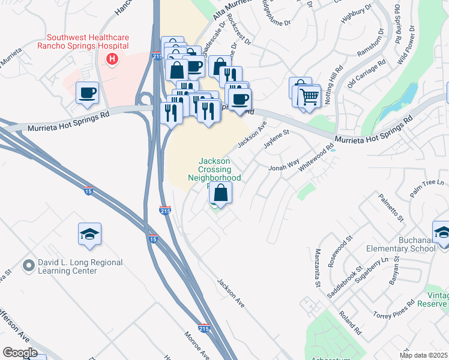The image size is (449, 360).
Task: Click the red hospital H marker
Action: (111, 59)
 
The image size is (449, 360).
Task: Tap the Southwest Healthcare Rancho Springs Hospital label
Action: (83, 41)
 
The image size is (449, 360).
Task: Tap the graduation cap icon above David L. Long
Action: (89, 235)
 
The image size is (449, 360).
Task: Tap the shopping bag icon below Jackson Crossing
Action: (221, 193)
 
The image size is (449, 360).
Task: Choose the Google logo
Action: (20, 352)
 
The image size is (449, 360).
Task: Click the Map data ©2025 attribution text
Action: (424, 355)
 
